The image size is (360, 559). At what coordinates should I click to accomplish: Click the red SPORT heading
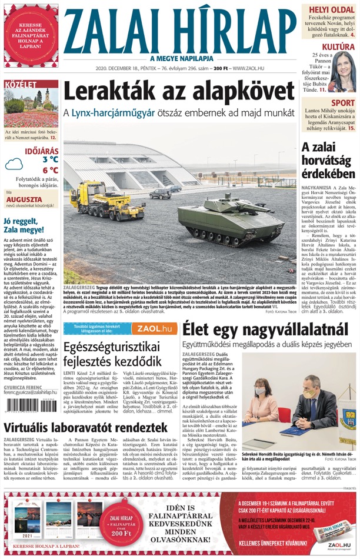tap(342, 104)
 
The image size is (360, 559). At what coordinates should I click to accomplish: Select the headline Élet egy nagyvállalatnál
tap(265, 328)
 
